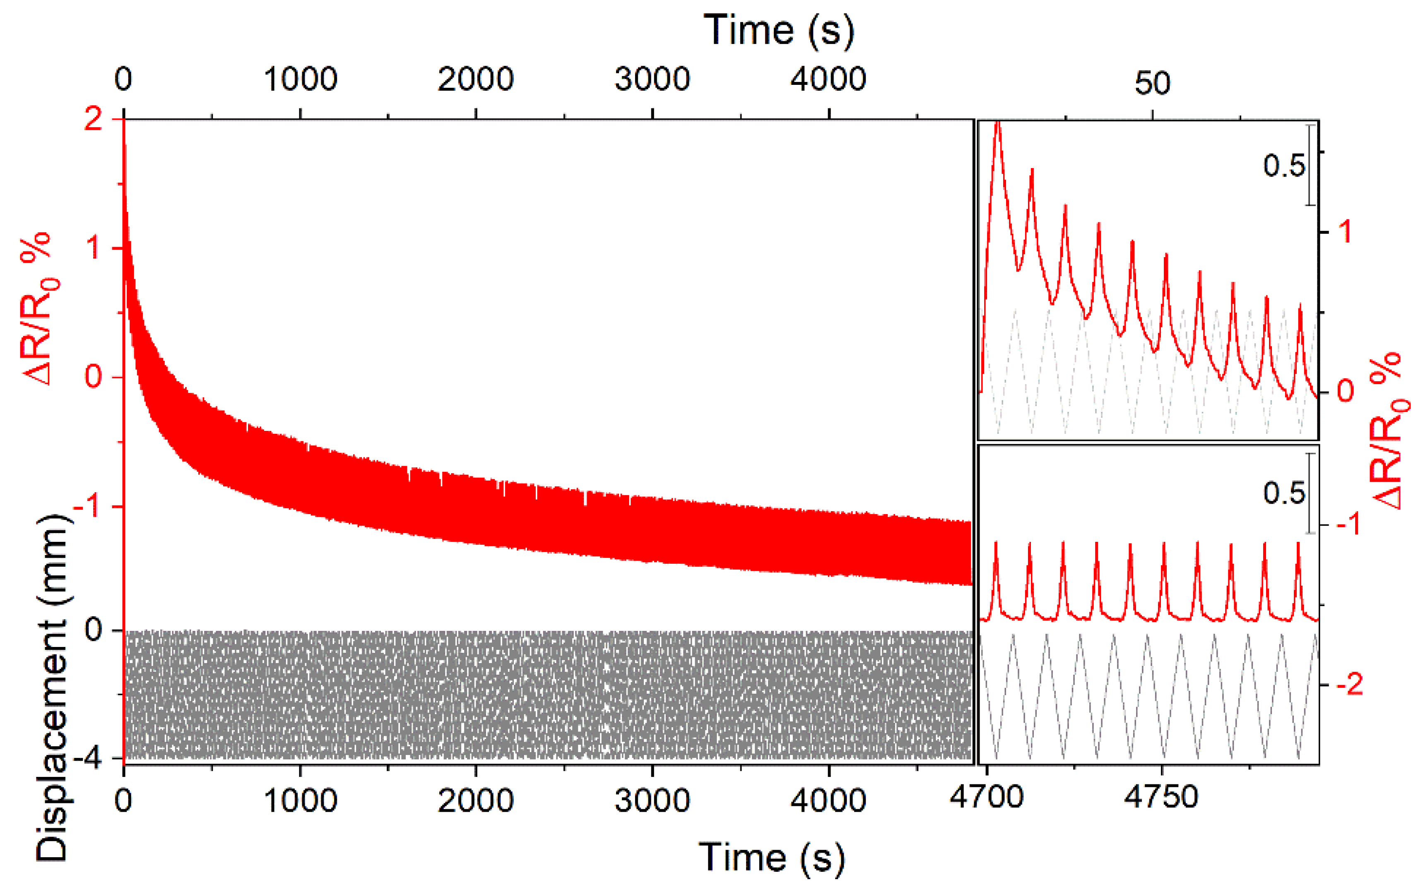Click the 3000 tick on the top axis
[652, 79]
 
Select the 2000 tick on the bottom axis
[476, 801]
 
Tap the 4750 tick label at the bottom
[1161, 798]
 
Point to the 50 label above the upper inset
[1152, 83]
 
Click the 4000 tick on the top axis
[828, 79]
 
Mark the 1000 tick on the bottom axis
[300, 801]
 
